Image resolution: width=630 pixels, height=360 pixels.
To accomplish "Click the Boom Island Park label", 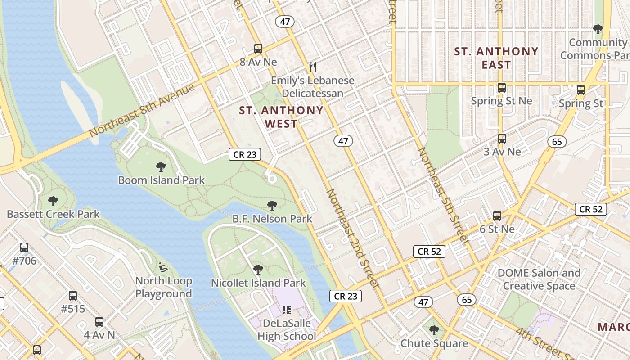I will point(161,180).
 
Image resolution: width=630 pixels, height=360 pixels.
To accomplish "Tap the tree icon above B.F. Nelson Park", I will point(272,206).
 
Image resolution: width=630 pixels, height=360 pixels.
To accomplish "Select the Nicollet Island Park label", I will point(258,283).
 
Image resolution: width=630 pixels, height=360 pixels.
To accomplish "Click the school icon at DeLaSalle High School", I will point(287,310).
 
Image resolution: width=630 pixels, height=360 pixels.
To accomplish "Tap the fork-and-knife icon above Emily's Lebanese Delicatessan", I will point(313,67).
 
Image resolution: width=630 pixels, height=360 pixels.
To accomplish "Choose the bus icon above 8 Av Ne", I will point(258,49).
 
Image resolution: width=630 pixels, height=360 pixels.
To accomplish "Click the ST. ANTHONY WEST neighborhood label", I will point(281,117).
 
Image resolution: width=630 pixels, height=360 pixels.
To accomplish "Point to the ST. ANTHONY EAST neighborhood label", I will point(496,58).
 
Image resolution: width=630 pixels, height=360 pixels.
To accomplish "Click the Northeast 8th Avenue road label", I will point(142,110).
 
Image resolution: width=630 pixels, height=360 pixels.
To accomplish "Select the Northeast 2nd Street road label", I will point(352,238).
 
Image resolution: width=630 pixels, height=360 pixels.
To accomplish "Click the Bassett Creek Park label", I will point(53,214).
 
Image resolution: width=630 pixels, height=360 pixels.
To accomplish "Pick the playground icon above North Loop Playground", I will point(163,267).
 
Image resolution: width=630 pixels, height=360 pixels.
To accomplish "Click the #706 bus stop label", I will point(24,261).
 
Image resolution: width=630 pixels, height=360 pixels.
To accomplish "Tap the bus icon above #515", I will point(72,296).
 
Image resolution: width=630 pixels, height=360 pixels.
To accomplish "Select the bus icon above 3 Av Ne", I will point(502,139).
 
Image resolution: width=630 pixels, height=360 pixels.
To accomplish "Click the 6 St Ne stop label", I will point(497,229).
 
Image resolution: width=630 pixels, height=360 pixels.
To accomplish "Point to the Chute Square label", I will point(434,344).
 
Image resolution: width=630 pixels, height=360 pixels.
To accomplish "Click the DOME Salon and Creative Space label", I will point(539,279).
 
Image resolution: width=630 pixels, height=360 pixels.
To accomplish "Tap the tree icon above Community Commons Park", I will point(598,30).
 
